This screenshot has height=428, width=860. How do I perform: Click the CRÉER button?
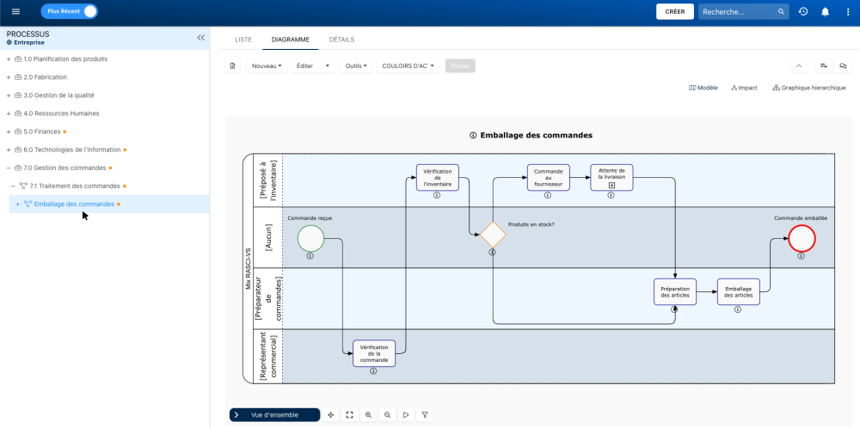675,12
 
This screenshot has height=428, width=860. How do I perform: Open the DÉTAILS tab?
341,40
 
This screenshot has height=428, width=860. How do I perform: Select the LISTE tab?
243,40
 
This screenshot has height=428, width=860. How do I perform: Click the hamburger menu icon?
15,12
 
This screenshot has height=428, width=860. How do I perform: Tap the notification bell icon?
826,12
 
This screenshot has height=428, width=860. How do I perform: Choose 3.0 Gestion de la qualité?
58,95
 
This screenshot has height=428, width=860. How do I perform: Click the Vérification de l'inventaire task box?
438,177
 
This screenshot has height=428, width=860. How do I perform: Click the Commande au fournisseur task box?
548,177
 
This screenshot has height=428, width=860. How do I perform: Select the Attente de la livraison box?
611,177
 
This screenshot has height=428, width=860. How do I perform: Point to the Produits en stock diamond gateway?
493,235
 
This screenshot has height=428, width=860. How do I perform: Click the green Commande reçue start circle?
310,239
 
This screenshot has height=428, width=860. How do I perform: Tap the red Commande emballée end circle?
802,238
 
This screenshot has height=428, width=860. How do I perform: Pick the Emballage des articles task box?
739,291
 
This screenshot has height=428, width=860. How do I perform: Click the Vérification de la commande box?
374,352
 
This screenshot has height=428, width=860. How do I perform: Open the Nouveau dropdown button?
267,66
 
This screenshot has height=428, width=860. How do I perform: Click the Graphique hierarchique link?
809,88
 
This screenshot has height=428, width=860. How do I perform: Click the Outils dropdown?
356,66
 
